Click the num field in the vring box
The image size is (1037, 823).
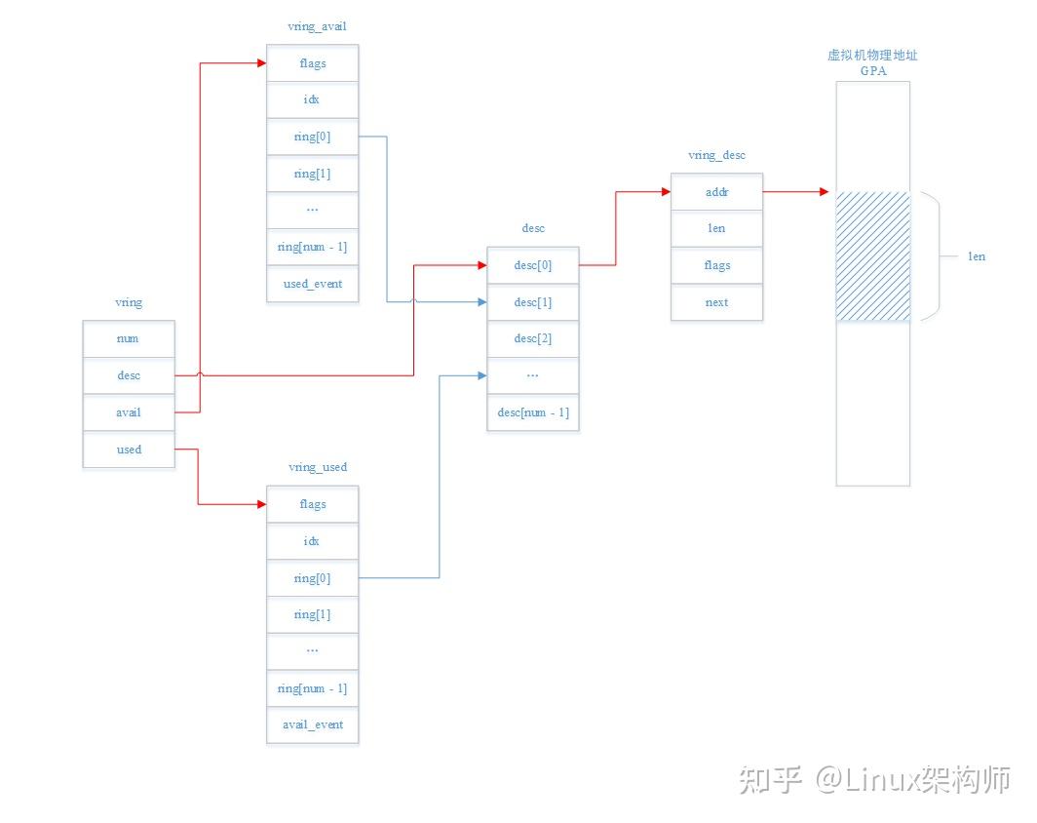coord(129,338)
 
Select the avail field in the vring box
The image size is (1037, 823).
coord(129,412)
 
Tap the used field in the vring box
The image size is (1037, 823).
coord(129,450)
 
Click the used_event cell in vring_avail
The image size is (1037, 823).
coord(312,284)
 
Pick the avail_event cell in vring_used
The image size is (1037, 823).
coord(312,725)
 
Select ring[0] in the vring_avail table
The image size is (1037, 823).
coord(312,137)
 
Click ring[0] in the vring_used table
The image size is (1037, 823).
coord(312,578)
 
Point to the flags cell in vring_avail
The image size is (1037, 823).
coord(312,63)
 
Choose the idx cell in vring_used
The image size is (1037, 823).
coord(312,541)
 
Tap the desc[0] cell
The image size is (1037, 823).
coord(533,265)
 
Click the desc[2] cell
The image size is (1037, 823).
coord(533,338)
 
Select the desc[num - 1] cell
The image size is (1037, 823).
coord(533,412)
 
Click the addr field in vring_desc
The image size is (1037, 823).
coord(716,192)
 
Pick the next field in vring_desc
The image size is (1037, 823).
coord(716,302)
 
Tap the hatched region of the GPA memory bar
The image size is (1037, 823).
coord(872,256)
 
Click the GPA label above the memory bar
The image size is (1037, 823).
coord(872,71)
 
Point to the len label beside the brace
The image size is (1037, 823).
coord(976,256)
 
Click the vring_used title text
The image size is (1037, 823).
coord(318,467)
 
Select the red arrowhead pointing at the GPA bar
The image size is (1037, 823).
coord(824,192)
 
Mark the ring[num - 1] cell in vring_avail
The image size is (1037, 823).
coord(312,247)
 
